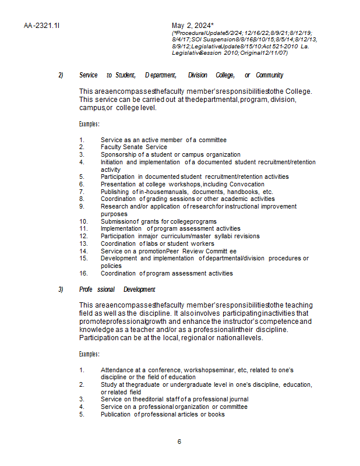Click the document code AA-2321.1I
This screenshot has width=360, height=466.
tap(42, 26)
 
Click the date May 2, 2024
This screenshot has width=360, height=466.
tap(193, 26)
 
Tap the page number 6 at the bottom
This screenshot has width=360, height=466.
tap(179, 441)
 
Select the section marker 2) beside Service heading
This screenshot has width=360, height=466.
tap(61, 75)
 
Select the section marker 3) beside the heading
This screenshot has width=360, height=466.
tap(61, 290)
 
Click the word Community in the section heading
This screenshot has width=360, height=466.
tap(270, 75)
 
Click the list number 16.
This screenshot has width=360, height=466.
tap(83, 273)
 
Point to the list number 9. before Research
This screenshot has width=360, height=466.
tap(82, 206)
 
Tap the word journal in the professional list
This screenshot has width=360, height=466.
tap(238, 399)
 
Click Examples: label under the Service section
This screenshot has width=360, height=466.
tap(89, 124)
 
